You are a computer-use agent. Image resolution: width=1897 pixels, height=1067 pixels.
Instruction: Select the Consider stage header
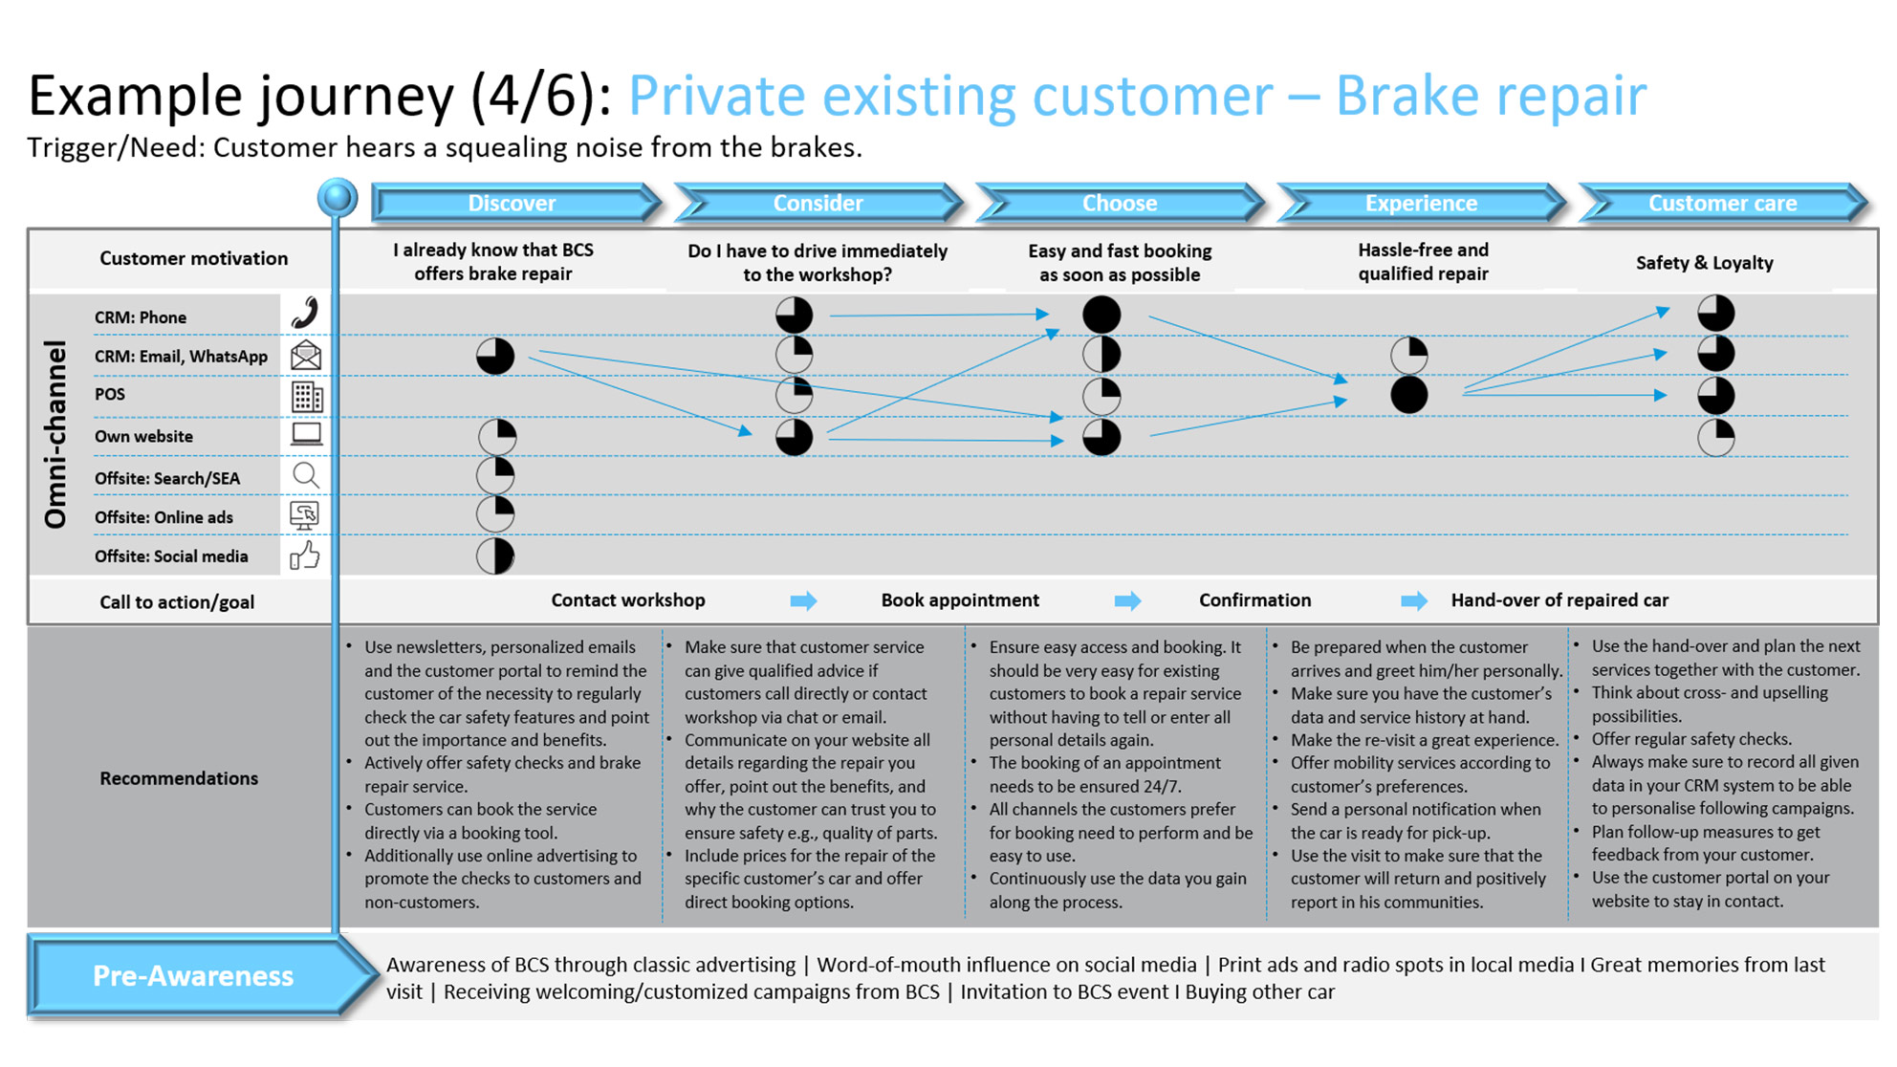(x=818, y=203)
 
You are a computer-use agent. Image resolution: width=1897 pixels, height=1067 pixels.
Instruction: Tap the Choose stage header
(x=1120, y=203)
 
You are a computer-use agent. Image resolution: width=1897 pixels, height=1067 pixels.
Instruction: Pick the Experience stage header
(x=1421, y=203)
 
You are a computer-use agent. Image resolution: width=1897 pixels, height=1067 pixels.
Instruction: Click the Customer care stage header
(x=1723, y=203)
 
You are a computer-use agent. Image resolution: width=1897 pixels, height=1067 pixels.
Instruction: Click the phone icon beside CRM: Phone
(x=305, y=313)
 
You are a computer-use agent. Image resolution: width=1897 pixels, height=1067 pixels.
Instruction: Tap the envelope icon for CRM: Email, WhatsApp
(x=306, y=355)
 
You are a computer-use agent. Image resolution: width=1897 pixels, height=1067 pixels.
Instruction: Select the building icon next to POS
(x=307, y=397)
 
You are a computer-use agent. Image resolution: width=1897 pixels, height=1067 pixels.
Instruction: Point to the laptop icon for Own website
(x=306, y=435)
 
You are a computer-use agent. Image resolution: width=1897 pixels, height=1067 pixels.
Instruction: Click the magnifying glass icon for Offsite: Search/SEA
(x=305, y=475)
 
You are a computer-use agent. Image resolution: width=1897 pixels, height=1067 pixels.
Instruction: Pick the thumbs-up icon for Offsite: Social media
(x=305, y=555)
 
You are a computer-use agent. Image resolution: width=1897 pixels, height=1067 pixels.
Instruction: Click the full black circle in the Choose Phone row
(x=1101, y=314)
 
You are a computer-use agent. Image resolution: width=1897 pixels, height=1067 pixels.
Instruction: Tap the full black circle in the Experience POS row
(x=1409, y=395)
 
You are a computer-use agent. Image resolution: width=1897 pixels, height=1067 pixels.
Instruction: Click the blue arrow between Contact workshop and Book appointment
(x=803, y=600)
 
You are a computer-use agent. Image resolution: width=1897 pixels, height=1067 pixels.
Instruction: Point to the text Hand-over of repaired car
(x=1559, y=600)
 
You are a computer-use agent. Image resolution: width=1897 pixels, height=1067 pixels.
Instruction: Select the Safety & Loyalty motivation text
(x=1704, y=263)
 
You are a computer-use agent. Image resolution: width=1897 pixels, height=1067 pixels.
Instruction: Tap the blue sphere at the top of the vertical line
(x=338, y=197)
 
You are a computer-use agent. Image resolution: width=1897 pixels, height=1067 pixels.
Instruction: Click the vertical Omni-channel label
(x=55, y=435)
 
